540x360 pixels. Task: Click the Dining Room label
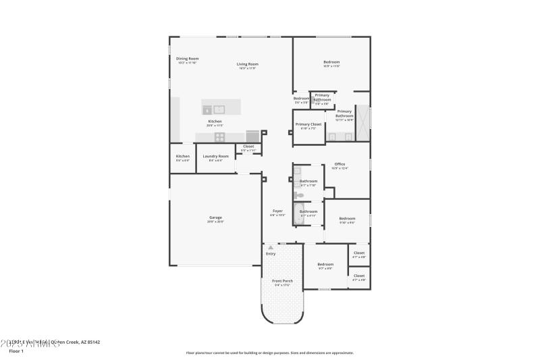(187, 59)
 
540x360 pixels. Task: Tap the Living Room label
(247, 64)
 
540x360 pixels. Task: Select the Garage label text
(215, 217)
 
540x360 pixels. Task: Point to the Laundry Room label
(215, 156)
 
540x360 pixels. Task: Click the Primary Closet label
(308, 124)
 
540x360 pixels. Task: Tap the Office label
(340, 164)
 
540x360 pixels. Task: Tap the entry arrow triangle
(271, 248)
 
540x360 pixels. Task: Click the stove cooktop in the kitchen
(219, 136)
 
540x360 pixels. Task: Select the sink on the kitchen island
(219, 108)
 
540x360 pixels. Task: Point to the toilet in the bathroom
(299, 195)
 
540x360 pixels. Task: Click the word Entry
(271, 254)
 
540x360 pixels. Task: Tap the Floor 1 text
(16, 351)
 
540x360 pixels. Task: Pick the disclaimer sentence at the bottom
(269, 353)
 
